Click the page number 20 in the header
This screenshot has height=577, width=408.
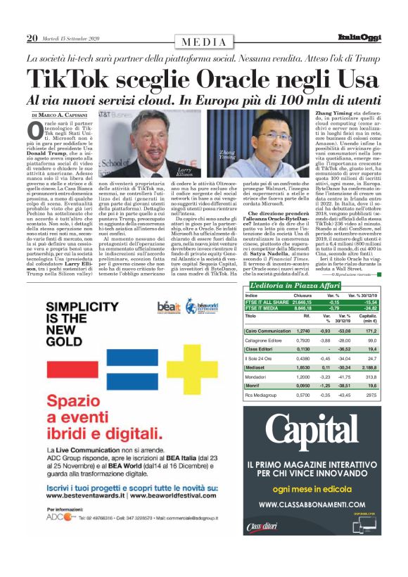tap(32, 38)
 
